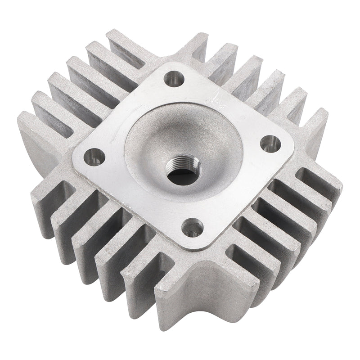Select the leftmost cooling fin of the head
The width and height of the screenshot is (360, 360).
tap(31, 135)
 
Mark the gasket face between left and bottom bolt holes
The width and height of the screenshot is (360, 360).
tap(135, 198)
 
